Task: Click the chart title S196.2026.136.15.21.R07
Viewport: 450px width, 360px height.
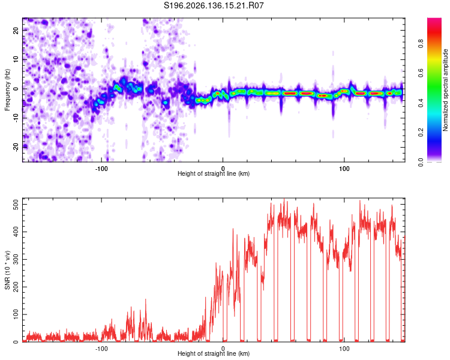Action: click(214, 5)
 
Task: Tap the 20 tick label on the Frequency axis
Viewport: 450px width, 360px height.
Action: click(16, 31)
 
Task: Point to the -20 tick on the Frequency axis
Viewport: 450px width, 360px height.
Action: click(16, 148)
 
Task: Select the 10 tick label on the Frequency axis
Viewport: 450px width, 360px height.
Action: click(16, 59)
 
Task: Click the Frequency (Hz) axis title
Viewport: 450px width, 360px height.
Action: click(7, 90)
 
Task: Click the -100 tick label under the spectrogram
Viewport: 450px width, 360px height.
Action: click(101, 169)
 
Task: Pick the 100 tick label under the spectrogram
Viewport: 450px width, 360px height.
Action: click(344, 169)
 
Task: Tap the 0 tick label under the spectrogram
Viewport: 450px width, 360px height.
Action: click(223, 169)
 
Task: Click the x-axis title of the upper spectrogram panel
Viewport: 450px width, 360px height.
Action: click(214, 173)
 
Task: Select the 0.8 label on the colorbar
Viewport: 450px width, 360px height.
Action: click(421, 44)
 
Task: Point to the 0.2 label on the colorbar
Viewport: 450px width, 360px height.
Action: click(421, 133)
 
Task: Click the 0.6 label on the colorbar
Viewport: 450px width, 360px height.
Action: click(421, 73)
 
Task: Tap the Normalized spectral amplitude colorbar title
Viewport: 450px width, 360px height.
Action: click(445, 90)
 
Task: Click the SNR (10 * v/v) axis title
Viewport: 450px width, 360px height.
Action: click(7, 270)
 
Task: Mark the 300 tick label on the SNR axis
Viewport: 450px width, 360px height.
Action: click(16, 260)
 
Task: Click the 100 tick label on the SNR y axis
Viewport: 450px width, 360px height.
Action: click(16, 314)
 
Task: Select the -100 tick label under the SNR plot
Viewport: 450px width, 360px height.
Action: click(101, 349)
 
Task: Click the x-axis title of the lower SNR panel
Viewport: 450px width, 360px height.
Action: click(214, 353)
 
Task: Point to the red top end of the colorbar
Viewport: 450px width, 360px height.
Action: click(434, 19)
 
